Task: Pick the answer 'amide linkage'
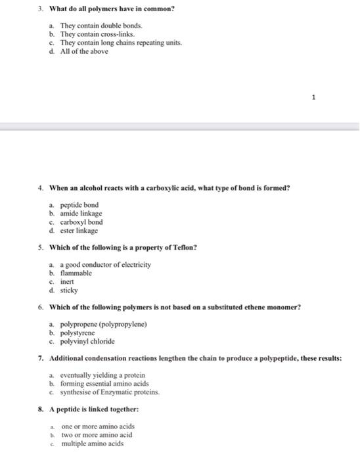81,214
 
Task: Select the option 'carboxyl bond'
81,222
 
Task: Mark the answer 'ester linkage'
79,231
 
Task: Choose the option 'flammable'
76,273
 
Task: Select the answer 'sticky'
69,290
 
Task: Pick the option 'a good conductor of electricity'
105,264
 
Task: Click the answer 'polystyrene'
78,333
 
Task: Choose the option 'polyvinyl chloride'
87,341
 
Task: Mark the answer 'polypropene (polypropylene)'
102,324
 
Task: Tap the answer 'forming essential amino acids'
104,384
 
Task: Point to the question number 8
41,409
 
